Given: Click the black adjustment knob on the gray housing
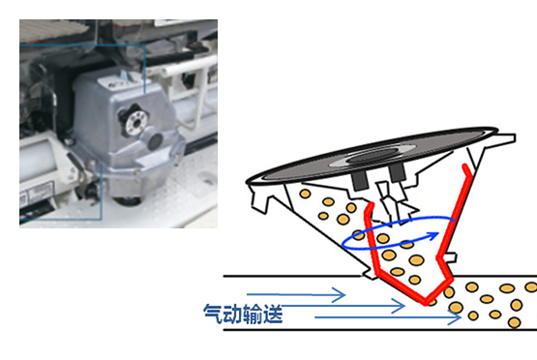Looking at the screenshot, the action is coord(134,121).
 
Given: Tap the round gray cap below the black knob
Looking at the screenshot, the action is coord(154,139).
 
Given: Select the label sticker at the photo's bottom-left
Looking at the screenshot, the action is coord(37,194).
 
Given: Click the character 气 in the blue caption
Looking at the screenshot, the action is coord(213,314).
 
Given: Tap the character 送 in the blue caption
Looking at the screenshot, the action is coord(273,314).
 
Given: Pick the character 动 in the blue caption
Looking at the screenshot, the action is coord(233,314).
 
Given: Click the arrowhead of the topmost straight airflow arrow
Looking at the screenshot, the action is coord(339,295).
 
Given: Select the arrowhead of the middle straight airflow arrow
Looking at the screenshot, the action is coord(399,306).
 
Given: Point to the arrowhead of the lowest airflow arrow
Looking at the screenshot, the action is coord(455,317).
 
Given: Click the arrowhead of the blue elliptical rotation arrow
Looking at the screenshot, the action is coord(433,236).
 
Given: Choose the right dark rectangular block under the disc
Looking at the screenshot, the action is coord(398,172).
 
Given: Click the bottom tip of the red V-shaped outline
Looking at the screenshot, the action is coord(426,303).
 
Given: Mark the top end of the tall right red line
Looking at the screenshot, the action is coord(465,166).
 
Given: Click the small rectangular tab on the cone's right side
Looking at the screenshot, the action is coord(450,257).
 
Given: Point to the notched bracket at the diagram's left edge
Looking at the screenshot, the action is coord(259,199).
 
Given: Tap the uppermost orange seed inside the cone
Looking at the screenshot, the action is coord(305,194).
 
